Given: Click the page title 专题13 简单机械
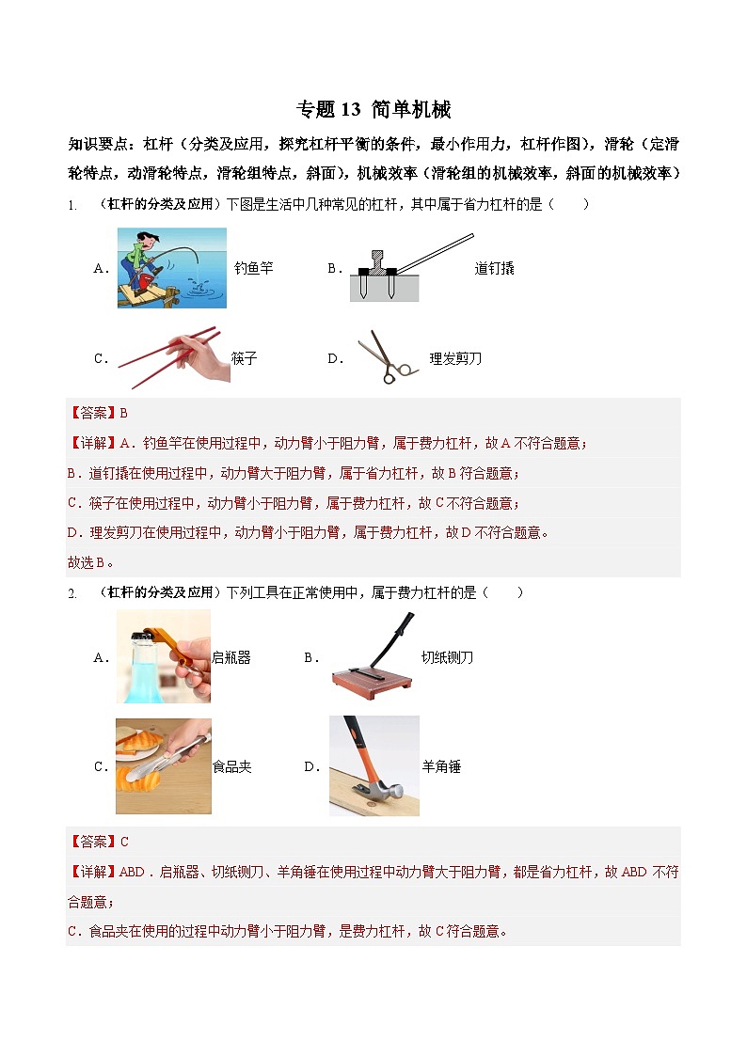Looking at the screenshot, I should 373,110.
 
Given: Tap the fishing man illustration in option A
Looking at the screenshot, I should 172,267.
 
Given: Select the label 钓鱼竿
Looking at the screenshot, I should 253,268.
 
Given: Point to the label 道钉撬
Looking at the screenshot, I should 494,268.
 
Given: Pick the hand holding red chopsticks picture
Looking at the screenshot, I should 175,358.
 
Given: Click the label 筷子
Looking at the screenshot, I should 244,358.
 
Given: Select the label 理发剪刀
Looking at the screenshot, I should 455,358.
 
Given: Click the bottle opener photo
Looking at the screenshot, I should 163,656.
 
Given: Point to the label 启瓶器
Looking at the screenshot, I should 231,657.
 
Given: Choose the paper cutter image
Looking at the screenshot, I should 373,656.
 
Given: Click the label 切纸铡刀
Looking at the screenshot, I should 447,657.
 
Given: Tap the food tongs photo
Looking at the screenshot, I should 163,765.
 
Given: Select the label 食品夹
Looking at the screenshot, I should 231,766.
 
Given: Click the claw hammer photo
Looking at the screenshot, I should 373,765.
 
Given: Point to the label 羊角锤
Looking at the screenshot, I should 440,766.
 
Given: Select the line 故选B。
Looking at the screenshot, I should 90,562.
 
